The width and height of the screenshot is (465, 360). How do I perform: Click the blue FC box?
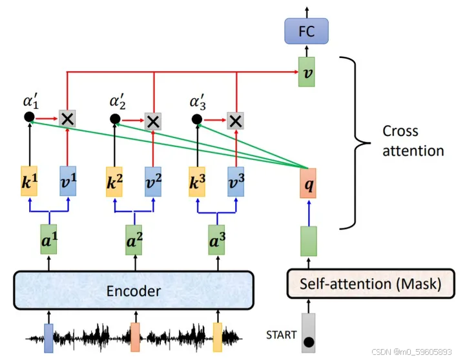tap(307, 30)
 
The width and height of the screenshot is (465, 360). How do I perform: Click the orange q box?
tap(307, 183)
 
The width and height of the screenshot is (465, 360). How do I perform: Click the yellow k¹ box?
tap(30, 183)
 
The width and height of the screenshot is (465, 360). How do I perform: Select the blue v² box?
tap(153, 183)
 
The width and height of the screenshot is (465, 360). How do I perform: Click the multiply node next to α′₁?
tap(67, 117)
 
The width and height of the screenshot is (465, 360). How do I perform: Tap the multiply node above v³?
tap(236, 119)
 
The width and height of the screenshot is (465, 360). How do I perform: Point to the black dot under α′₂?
tap(115, 119)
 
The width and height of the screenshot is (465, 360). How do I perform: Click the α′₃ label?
tap(198, 103)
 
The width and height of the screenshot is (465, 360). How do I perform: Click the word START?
tap(281, 335)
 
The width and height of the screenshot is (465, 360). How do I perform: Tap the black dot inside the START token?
tap(309, 341)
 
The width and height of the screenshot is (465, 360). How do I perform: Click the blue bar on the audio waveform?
tap(49, 338)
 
